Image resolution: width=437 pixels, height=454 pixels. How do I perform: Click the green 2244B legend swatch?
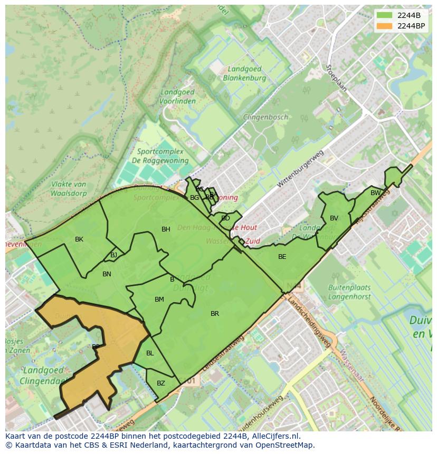pyautogui.click(x=384, y=15)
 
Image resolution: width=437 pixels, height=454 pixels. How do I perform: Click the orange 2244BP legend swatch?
pyautogui.click(x=384, y=26)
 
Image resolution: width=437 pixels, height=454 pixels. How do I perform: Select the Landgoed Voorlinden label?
pyautogui.click(x=177, y=96)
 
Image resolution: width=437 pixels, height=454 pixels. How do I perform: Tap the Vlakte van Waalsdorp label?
pyautogui.click(x=69, y=188)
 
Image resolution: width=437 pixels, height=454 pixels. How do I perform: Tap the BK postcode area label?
pyautogui.click(x=79, y=239)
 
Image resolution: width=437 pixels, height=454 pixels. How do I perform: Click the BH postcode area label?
pyautogui.click(x=166, y=229)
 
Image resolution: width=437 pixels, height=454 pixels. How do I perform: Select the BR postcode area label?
pyautogui.click(x=215, y=314)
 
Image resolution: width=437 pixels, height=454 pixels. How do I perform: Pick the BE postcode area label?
pyautogui.click(x=282, y=257)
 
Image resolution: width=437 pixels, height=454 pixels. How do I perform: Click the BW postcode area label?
pyautogui.click(x=375, y=193)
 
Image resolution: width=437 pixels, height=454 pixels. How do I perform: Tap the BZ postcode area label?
pyautogui.click(x=161, y=383)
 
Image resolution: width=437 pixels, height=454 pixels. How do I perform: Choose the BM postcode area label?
pyautogui.click(x=159, y=300)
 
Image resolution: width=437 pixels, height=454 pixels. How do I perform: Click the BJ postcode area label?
pyautogui.click(x=114, y=255)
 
